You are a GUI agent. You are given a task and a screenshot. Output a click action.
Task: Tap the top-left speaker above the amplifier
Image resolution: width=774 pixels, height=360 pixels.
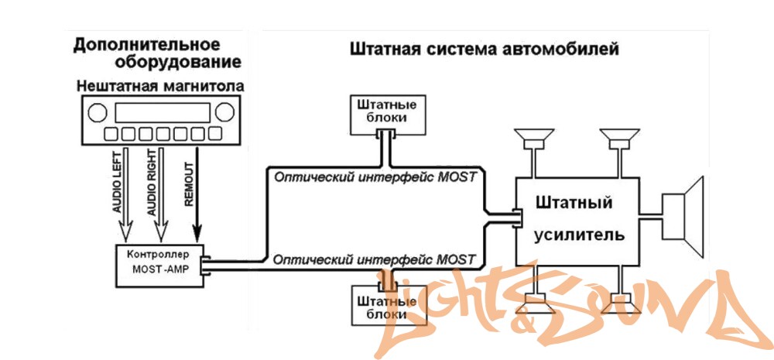coord(534,141)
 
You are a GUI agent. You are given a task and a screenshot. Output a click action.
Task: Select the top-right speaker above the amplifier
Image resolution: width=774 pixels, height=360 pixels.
coord(618,141)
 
